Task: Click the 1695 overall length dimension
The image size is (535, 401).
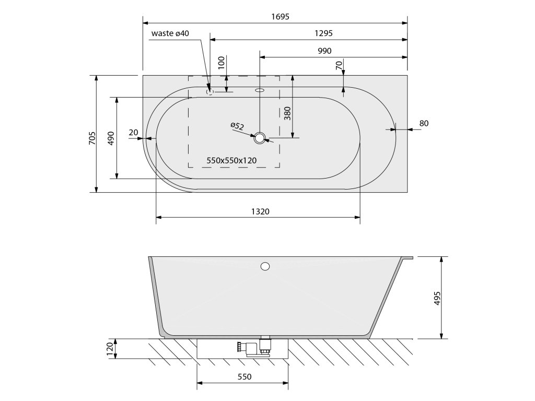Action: click(280, 17)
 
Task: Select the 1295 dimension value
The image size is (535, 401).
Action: click(324, 33)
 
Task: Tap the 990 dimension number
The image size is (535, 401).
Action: click(324, 51)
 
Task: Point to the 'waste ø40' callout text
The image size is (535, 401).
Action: click(170, 33)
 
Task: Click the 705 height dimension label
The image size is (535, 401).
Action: click(92, 138)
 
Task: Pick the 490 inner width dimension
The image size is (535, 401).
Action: click(111, 138)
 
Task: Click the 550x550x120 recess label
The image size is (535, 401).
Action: click(231, 160)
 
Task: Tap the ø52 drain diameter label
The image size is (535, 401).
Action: click(237, 126)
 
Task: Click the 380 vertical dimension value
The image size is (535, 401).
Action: click(287, 113)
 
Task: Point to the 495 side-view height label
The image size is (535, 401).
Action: click(438, 298)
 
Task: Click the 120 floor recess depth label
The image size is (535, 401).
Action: click(110, 349)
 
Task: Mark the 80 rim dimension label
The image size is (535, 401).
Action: click(424, 123)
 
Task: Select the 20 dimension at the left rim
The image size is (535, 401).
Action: click(134, 133)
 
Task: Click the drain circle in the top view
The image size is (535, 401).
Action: click(260, 138)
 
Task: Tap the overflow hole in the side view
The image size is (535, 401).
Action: click(265, 267)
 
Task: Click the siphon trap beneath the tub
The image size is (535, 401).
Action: click(250, 348)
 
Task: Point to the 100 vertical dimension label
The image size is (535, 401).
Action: click(221, 63)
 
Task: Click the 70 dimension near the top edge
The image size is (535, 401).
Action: click(339, 66)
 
